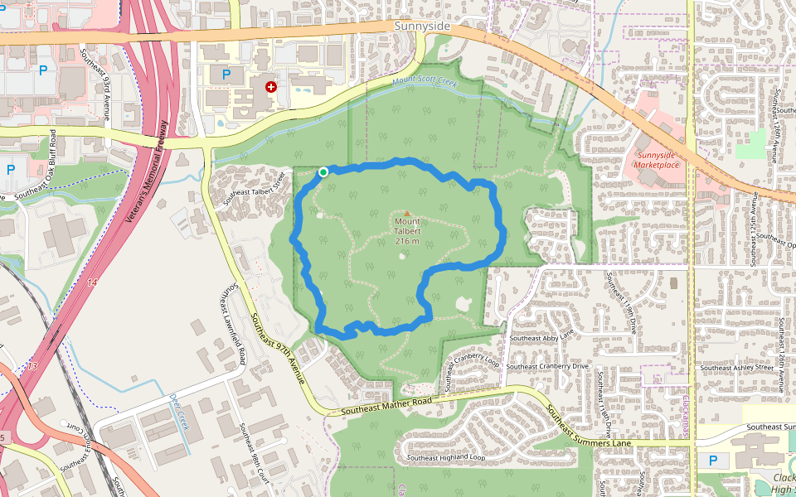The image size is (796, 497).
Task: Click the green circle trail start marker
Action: coord(323,172)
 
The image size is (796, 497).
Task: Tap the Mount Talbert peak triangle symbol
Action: coord(407,214)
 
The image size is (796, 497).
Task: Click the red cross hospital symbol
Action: coord(270,87)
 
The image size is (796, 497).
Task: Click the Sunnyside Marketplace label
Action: coord(657,160)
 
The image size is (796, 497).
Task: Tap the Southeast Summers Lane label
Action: coord(588,427)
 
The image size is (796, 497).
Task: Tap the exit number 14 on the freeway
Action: coord(90,283)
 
